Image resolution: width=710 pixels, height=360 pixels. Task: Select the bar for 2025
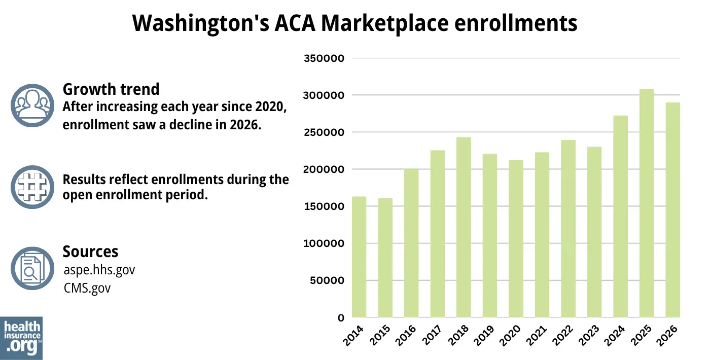pyautogui.click(x=646, y=203)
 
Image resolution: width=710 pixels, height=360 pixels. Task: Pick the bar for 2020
pyautogui.click(x=516, y=239)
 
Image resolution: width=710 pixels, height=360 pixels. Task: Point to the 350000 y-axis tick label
pyautogui.click(x=324, y=58)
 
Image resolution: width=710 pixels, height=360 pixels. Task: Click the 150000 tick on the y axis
pyautogui.click(x=324, y=206)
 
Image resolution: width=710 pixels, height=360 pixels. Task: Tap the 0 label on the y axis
pyautogui.click(x=341, y=318)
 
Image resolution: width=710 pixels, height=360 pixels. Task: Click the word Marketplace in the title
pyautogui.click(x=385, y=23)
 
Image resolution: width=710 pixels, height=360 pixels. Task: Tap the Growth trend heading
pyautogui.click(x=111, y=89)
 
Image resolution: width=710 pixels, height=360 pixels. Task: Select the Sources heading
pyautogui.click(x=90, y=251)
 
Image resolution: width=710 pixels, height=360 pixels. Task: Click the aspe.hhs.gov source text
pyautogui.click(x=99, y=270)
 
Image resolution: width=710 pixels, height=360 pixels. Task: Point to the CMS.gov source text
pyautogui.click(x=87, y=288)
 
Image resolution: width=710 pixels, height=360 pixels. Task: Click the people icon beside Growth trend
pyautogui.click(x=32, y=105)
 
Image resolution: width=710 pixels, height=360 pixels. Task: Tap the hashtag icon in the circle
pyautogui.click(x=32, y=187)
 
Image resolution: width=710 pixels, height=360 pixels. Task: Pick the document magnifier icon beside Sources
pyautogui.click(x=32, y=268)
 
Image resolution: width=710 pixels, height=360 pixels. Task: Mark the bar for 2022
pyautogui.click(x=568, y=229)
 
